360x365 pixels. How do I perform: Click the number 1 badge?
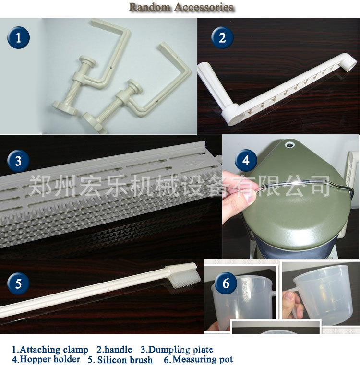(x=18, y=37)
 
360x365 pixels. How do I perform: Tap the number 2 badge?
(x=222, y=37)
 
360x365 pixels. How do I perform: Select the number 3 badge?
(x=18, y=161)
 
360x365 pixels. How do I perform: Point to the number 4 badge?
(x=246, y=161)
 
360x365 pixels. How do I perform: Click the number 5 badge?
(x=18, y=283)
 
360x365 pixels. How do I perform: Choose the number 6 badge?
(x=226, y=283)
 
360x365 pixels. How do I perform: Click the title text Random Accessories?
(x=181, y=7)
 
